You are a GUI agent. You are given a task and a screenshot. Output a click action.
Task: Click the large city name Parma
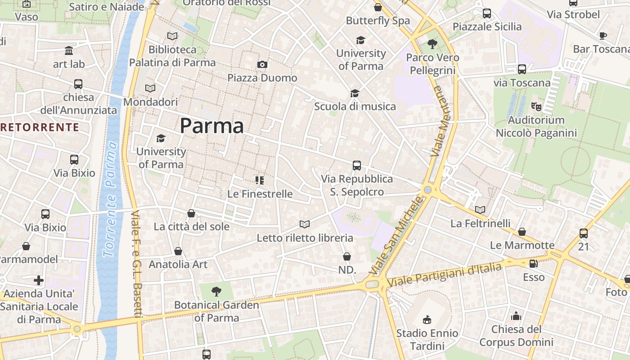tap(212, 126)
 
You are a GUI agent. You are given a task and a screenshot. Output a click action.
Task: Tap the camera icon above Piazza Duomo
tap(262, 65)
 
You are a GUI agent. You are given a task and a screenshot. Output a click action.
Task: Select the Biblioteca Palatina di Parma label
tap(172, 56)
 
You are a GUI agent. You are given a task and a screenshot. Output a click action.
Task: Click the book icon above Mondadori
tap(150, 89)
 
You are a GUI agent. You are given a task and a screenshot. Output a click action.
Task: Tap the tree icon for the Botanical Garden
tap(216, 291)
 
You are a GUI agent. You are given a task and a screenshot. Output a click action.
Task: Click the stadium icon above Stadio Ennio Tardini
tap(427, 319)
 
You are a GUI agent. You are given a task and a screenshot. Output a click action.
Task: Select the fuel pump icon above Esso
tap(533, 264)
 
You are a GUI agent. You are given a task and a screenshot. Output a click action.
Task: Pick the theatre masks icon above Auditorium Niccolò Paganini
tap(535, 107)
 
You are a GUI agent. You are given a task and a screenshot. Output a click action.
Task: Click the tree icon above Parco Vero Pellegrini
tap(432, 44)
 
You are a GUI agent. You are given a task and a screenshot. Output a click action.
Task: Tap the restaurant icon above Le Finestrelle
tap(260, 180)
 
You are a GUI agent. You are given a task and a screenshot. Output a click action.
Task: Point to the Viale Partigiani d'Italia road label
tap(444, 274)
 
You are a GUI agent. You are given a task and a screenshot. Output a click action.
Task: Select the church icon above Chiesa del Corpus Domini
tap(516, 316)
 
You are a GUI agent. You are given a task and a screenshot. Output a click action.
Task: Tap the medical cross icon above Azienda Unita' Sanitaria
tap(39, 281)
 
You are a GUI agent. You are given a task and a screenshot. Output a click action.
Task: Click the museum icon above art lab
tap(69, 50)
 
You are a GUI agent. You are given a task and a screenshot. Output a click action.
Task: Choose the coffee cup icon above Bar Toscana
tap(603, 36)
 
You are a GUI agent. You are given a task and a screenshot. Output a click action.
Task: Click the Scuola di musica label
tap(355, 107)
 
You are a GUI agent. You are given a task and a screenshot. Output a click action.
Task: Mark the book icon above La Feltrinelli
tap(481, 210)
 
